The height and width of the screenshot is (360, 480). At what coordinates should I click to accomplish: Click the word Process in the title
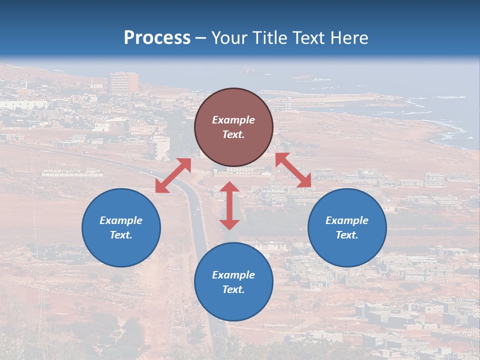click(157, 38)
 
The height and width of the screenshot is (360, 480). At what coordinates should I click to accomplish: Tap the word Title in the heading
click(268, 38)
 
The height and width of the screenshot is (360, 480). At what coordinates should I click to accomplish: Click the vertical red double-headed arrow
click(229, 205)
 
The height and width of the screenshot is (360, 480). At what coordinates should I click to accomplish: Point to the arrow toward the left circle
click(173, 175)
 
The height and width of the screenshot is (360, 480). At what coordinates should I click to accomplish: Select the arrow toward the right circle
click(293, 170)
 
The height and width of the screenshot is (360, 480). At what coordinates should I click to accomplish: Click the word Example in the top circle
click(233, 120)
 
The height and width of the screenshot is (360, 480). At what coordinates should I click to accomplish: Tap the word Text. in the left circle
click(121, 235)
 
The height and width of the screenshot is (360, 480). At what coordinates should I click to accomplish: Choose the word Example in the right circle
click(347, 220)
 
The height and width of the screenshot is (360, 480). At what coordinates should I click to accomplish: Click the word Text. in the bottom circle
click(233, 289)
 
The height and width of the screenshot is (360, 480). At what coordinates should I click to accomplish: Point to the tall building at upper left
click(123, 82)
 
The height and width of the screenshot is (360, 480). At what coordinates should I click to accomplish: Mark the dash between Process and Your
click(200, 38)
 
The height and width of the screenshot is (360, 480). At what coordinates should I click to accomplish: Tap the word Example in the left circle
click(121, 220)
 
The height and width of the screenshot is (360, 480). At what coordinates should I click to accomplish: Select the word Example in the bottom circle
click(233, 275)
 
